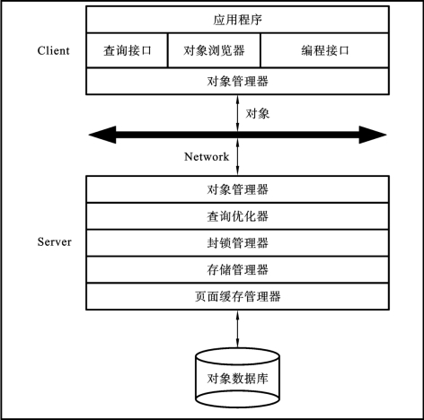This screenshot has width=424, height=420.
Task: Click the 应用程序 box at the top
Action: pyautogui.click(x=237, y=20)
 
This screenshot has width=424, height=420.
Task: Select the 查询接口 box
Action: pyautogui.click(x=127, y=50)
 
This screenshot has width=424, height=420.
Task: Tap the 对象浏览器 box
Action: pyautogui.click(x=214, y=50)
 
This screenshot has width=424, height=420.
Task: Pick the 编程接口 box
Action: pyautogui.click(x=325, y=50)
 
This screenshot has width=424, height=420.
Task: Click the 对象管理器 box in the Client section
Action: pyautogui.click(x=237, y=81)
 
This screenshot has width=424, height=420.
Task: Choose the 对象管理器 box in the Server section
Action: pyautogui.click(x=237, y=189)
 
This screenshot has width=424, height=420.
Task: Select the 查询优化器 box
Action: pyautogui.click(x=237, y=216)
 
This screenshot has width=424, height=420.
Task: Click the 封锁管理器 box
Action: pyautogui.click(x=237, y=243)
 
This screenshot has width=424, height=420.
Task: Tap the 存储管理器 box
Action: pyautogui.click(x=237, y=269)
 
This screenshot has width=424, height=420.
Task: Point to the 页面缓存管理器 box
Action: pyautogui.click(x=237, y=296)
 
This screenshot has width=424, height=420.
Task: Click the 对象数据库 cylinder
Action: pyautogui.click(x=237, y=378)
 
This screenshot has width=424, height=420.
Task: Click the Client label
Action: pyautogui.click(x=53, y=50)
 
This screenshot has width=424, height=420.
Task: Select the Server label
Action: pyautogui.click(x=55, y=241)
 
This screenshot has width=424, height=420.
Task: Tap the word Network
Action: pyautogui.click(x=207, y=156)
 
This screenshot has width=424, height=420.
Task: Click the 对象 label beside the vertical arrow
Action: pyautogui.click(x=258, y=114)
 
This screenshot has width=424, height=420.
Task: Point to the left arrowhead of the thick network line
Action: pyautogui.click(x=102, y=135)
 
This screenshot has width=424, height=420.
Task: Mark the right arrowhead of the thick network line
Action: pyautogui.click(x=373, y=135)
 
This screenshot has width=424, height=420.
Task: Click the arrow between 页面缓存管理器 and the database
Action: pyautogui.click(x=237, y=328)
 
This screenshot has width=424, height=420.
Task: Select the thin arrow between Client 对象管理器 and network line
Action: pyautogui.click(x=237, y=113)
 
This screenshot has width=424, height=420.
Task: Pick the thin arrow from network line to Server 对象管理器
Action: pyautogui.click(x=237, y=157)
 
